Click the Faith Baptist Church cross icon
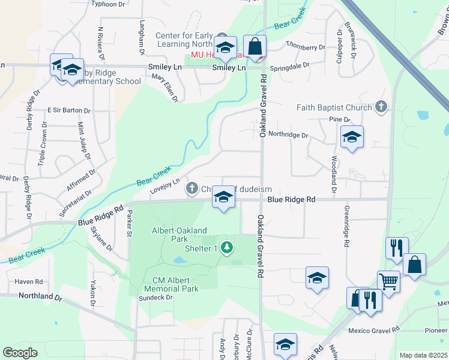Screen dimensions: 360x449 [x=380, y=107]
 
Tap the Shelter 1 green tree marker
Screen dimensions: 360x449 [x=226, y=247]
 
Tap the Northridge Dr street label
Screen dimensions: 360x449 [x=288, y=136]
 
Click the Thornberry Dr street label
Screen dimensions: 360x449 [x=305, y=47]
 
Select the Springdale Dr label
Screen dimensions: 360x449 [x=290, y=65]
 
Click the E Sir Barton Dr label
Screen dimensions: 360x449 [x=68, y=111]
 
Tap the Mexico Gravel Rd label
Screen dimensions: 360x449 [x=374, y=331]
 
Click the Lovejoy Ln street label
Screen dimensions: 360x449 [x=165, y=187]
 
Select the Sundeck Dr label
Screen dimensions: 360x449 [x=155, y=298]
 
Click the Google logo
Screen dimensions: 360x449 [x=20, y=353]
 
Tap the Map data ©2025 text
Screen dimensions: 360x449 [x=423, y=355]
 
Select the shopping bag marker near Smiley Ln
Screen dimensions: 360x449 [x=255, y=46]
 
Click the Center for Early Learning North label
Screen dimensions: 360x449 [x=184, y=40]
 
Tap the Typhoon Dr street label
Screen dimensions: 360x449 [x=109, y=4]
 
